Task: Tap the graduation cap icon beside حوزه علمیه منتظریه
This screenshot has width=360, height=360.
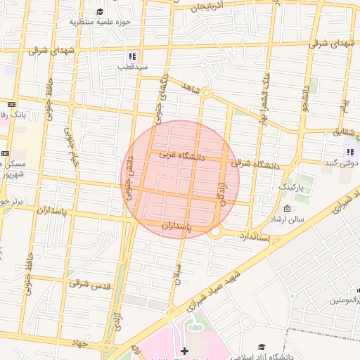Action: (x=100, y=11)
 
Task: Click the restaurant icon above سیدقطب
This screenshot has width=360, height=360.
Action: (x=131, y=56)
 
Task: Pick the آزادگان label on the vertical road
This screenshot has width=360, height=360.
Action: (x=224, y=190)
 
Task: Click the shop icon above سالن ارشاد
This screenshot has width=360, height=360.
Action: (x=287, y=208)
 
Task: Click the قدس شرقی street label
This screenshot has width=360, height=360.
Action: (x=88, y=283)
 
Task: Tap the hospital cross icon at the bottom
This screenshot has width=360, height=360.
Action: (x=184, y=350)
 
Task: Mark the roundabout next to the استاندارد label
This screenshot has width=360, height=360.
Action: (x=215, y=231)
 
